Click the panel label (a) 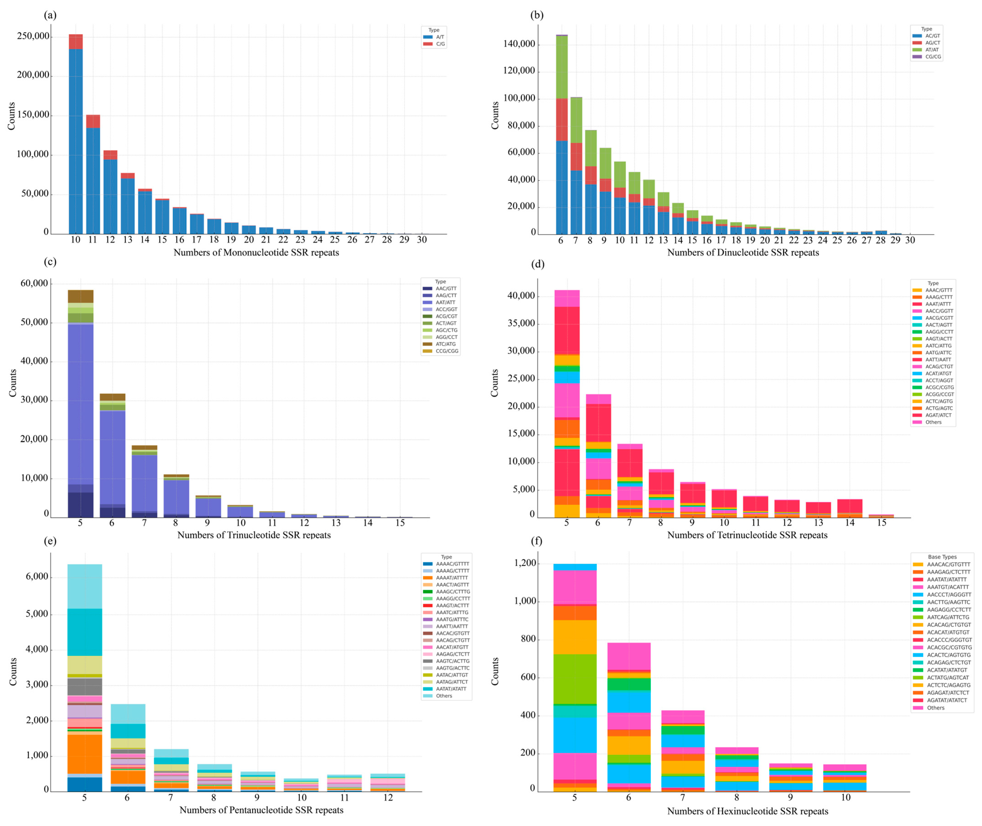click(50, 15)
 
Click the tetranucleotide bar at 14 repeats click(850, 508)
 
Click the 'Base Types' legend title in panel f click(942, 557)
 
